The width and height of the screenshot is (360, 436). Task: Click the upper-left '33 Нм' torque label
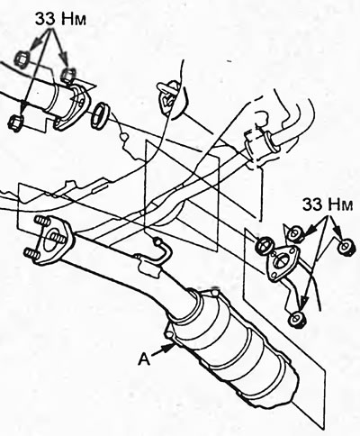click(x=60, y=20)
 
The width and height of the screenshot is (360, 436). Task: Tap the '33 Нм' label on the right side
click(x=327, y=204)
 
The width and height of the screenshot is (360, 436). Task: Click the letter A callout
click(x=144, y=359)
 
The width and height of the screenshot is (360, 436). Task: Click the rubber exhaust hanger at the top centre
click(x=169, y=97)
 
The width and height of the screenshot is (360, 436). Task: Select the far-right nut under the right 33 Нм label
click(x=346, y=248)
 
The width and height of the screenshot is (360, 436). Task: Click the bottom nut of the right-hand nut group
click(x=296, y=319)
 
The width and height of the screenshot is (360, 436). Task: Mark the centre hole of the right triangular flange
click(x=283, y=259)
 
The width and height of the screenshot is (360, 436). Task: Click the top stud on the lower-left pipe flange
click(x=43, y=222)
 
